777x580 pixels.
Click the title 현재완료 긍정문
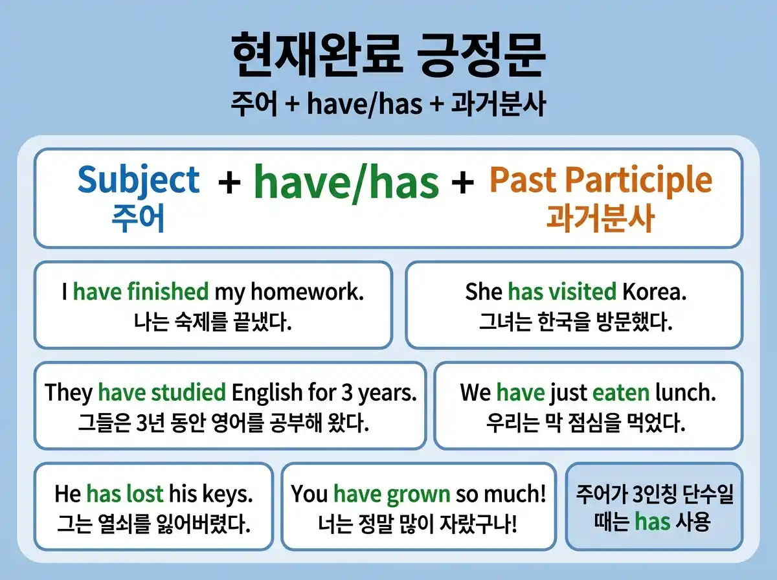click(388, 57)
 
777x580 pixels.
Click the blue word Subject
click(139, 180)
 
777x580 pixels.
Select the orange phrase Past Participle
click(600, 180)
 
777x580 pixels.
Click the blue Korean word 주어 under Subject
click(138, 219)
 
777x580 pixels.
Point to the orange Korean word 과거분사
click(600, 219)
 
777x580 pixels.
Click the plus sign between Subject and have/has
click(229, 183)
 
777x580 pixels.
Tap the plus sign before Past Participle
click(462, 183)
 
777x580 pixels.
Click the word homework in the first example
click(307, 292)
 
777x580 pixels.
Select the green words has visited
click(561, 292)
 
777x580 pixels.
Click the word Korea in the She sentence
click(654, 292)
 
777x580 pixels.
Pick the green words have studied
click(162, 392)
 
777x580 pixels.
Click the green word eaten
click(620, 392)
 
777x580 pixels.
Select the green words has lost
click(125, 495)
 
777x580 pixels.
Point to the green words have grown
click(392, 495)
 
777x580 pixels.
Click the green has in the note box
click(652, 521)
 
